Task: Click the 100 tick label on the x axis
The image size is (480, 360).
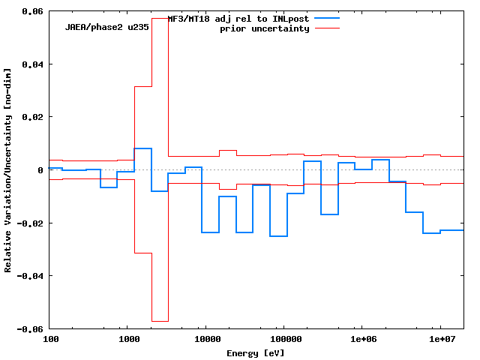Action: click(x=51, y=340)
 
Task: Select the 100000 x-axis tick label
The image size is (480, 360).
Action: click(x=282, y=340)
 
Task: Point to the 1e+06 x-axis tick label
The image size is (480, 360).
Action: click(x=362, y=340)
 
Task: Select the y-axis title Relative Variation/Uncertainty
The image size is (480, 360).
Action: click(x=8, y=169)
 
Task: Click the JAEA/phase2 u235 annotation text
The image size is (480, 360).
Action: click(x=106, y=26)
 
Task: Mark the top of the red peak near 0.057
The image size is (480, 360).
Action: click(x=160, y=18)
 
